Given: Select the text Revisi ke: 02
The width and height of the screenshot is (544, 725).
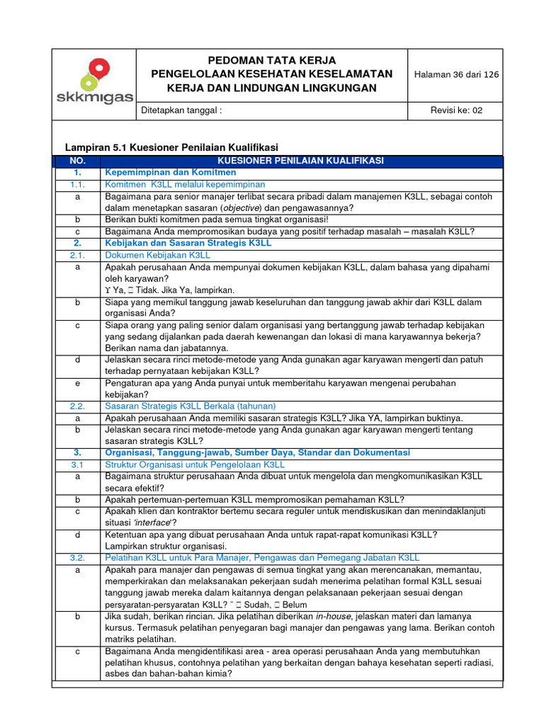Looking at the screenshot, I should pos(456,110).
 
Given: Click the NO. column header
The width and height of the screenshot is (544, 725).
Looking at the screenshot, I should pos(78,161).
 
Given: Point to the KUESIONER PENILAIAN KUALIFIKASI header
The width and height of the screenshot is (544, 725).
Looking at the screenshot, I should pos(301,161).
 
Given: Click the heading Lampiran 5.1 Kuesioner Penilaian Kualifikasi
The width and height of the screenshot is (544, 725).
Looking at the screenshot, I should pos(171,147).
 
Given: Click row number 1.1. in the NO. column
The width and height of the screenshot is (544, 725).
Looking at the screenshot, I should pos(78,184).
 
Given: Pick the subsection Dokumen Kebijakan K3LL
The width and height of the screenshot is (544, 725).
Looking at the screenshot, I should pos(158,255).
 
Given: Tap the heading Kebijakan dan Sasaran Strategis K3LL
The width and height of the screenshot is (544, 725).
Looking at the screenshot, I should pos(188,243).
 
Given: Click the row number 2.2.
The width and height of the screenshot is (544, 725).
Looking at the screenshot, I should pos(78,406).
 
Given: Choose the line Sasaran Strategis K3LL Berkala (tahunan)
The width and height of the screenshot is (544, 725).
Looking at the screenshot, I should pos(190,406).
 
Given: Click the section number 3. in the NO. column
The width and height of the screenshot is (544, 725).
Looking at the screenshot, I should pos(78,452).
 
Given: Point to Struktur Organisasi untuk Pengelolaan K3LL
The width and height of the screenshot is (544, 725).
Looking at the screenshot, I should pos(195,464).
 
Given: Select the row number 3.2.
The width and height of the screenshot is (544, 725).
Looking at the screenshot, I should pos(78,558).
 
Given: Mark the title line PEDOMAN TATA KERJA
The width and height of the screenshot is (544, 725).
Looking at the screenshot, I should pos(272,61).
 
